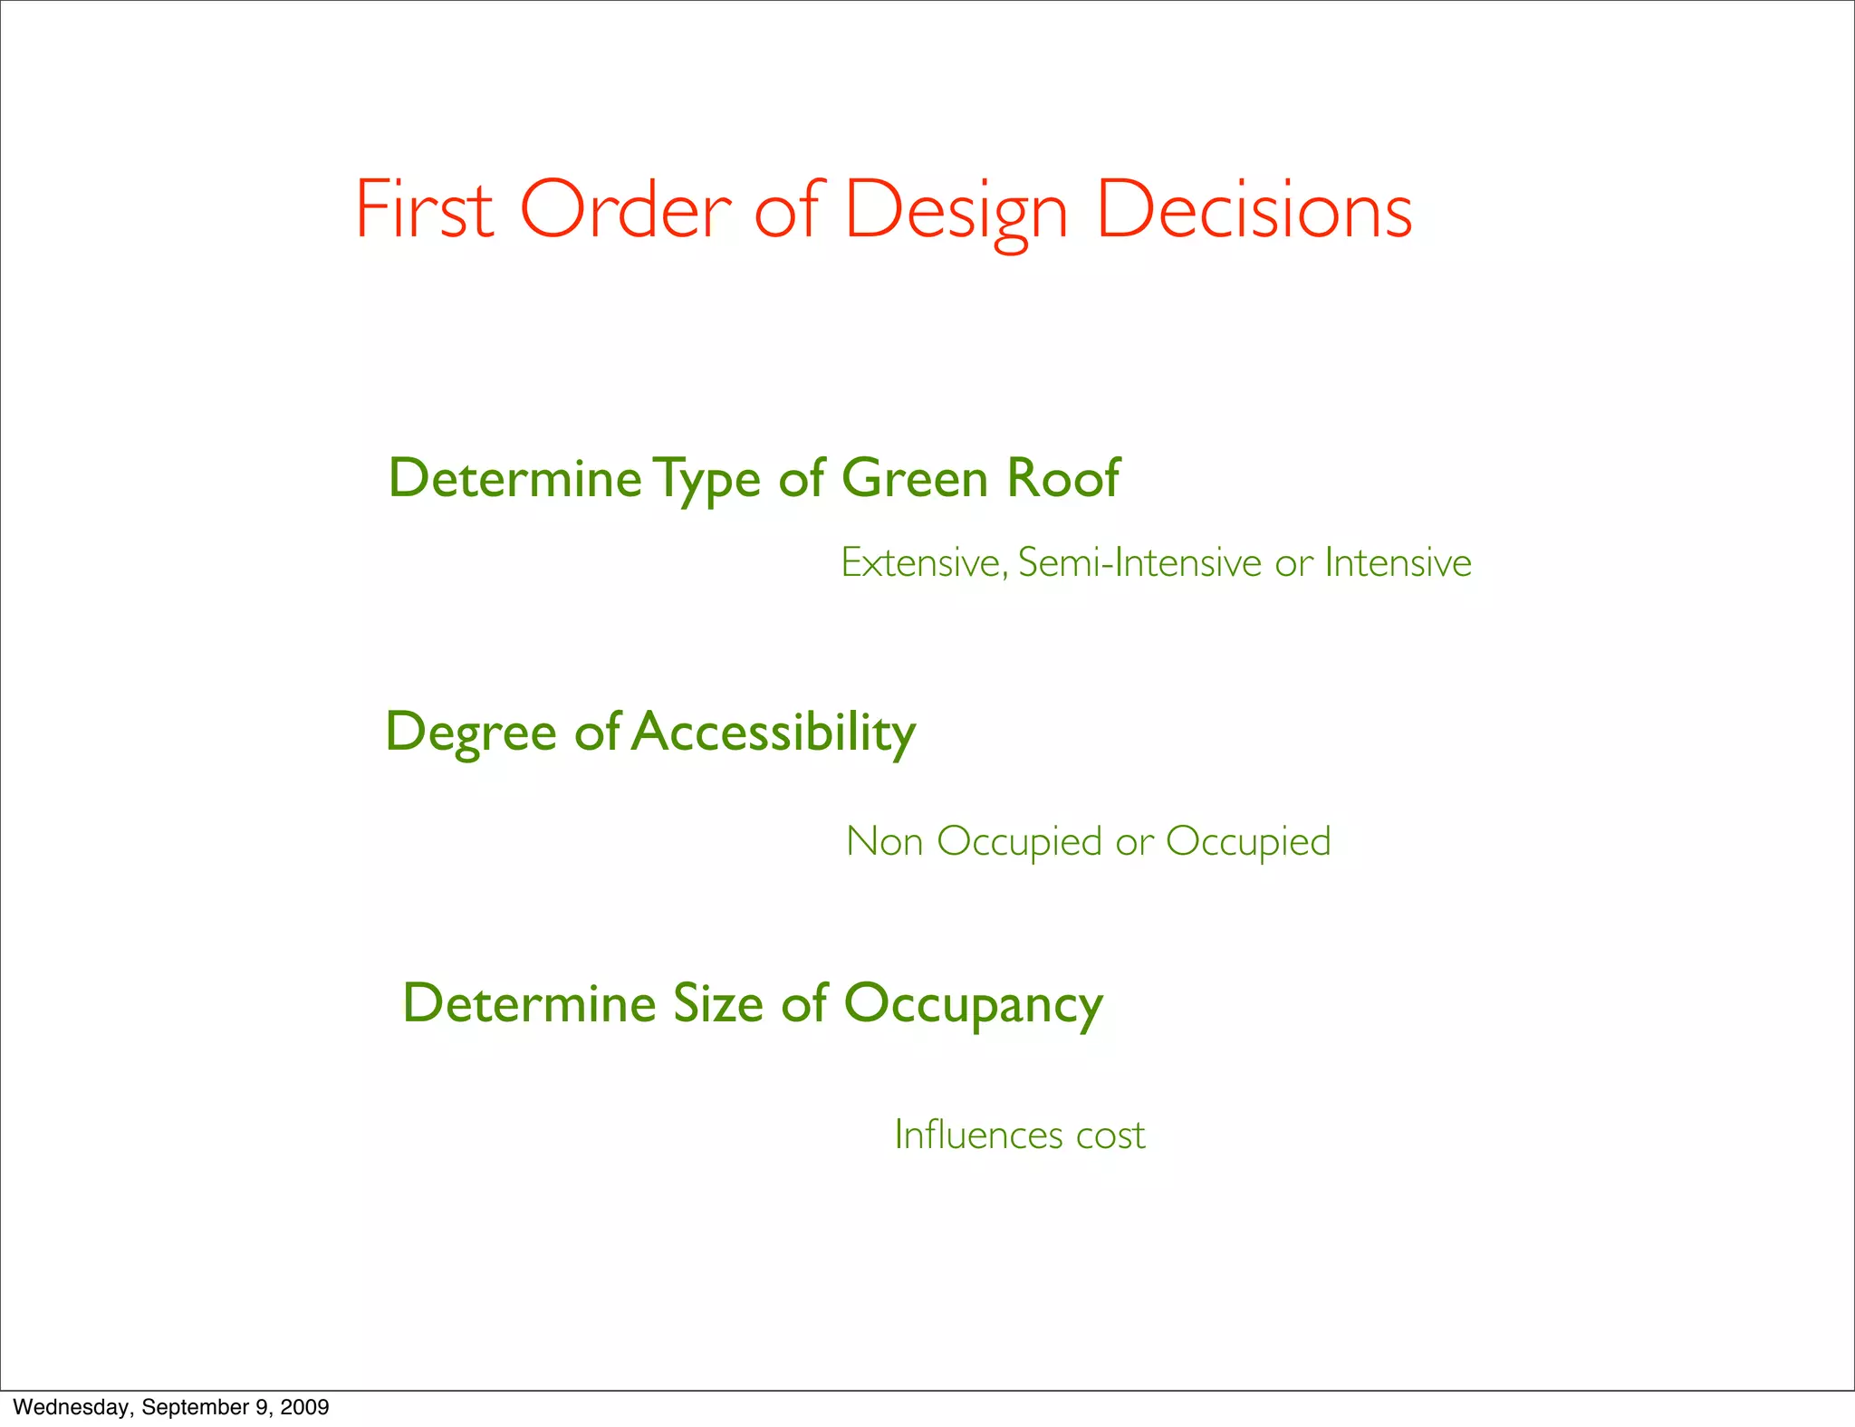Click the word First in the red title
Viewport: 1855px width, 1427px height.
click(x=424, y=210)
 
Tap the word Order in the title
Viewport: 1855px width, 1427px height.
click(x=625, y=210)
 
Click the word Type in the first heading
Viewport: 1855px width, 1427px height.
click(x=707, y=479)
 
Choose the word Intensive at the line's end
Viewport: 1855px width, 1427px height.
click(x=1398, y=563)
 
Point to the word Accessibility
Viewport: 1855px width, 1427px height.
click(x=774, y=733)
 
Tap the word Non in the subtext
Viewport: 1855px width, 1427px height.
click(x=884, y=842)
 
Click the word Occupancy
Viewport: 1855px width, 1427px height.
click(x=974, y=1006)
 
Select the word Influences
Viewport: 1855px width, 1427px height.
click(x=978, y=1135)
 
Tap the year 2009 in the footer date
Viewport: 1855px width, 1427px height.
click(x=304, y=1407)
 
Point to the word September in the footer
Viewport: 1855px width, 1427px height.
click(x=194, y=1407)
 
